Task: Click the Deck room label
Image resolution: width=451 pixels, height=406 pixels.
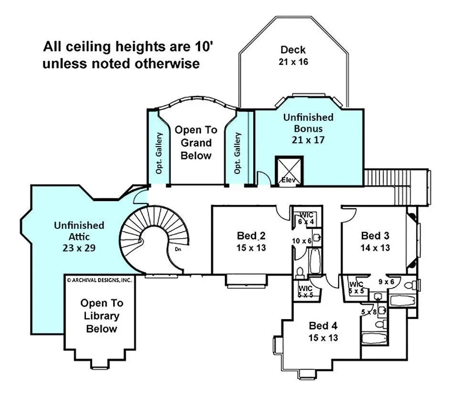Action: coord(293,50)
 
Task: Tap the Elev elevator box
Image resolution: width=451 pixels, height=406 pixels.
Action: coord(289,171)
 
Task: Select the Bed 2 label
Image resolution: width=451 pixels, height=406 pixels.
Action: coord(251,236)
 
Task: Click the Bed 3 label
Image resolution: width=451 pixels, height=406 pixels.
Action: coord(375,235)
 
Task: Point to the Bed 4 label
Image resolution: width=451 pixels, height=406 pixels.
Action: coord(323,326)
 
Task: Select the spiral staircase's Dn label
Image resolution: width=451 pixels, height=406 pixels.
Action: coord(177,248)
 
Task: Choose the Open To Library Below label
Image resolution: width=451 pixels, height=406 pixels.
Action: coord(101,316)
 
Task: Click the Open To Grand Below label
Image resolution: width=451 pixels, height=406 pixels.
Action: coord(196,143)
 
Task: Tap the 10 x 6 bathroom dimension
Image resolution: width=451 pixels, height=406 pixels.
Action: coord(302,241)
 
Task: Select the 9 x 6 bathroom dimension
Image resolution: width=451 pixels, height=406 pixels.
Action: coord(386,282)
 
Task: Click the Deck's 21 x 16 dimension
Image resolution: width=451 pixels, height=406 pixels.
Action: coord(293,62)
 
